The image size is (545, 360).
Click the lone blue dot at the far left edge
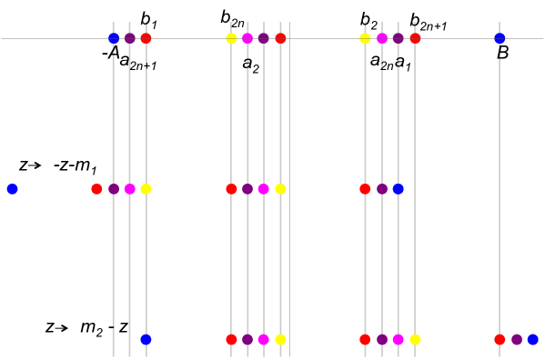click(x=12, y=189)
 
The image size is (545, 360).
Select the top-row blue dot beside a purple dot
click(x=114, y=38)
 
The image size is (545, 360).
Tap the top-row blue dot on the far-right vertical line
click(x=500, y=38)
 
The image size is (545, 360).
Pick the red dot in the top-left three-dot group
click(x=146, y=38)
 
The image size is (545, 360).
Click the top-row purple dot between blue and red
click(x=130, y=38)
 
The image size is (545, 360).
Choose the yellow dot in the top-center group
click(x=231, y=38)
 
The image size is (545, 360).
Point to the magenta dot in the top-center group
click(x=247, y=38)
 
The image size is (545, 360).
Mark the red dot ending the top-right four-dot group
click(x=415, y=38)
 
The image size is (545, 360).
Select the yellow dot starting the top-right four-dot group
click(x=365, y=38)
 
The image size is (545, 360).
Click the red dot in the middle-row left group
click(x=96, y=189)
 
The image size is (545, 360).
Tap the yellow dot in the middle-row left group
click(x=146, y=189)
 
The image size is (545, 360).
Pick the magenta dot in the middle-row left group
click(x=130, y=189)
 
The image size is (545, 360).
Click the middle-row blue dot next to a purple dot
click(x=398, y=189)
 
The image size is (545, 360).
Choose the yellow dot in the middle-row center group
click(x=280, y=189)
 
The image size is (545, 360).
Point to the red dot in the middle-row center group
click(x=231, y=189)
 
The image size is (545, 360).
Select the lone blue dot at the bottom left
click(x=146, y=339)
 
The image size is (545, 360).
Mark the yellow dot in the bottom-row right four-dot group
click(x=415, y=339)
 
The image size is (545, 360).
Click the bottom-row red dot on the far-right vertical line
click(x=500, y=339)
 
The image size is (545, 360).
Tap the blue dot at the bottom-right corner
click(x=533, y=339)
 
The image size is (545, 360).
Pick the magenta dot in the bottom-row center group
click(x=264, y=339)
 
